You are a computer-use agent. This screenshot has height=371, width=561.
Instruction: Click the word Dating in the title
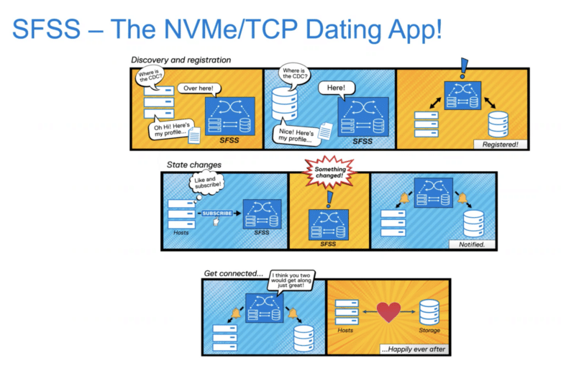[345, 30]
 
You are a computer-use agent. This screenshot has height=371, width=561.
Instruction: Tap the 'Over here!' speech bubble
[199, 88]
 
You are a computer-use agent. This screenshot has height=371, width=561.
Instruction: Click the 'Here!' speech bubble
[337, 88]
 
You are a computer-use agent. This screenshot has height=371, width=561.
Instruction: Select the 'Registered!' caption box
[500, 145]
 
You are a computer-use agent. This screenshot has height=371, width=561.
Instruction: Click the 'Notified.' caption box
[472, 244]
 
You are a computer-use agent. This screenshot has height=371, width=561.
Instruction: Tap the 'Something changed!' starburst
[329, 173]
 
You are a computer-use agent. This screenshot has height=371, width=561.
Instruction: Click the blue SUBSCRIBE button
[217, 214]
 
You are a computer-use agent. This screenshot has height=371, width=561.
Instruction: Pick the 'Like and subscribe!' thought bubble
[206, 183]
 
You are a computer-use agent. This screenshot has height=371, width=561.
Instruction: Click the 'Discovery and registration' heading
[181, 60]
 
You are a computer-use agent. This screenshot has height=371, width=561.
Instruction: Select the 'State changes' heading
[194, 165]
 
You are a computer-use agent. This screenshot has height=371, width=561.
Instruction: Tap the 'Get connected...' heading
[233, 273]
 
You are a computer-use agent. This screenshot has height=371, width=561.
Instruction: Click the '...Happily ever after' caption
[414, 349]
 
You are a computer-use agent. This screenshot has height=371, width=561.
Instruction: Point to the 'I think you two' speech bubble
[291, 280]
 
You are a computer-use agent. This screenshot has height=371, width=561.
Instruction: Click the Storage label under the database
[429, 330]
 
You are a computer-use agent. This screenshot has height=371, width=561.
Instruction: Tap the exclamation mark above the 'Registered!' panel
[464, 68]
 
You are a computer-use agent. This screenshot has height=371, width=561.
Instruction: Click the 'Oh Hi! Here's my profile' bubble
[171, 129]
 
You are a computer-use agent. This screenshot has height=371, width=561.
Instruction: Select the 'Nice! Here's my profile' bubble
[296, 134]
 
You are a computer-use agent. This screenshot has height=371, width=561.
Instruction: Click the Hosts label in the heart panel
[345, 330]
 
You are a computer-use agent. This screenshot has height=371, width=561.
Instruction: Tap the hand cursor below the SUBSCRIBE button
[216, 222]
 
